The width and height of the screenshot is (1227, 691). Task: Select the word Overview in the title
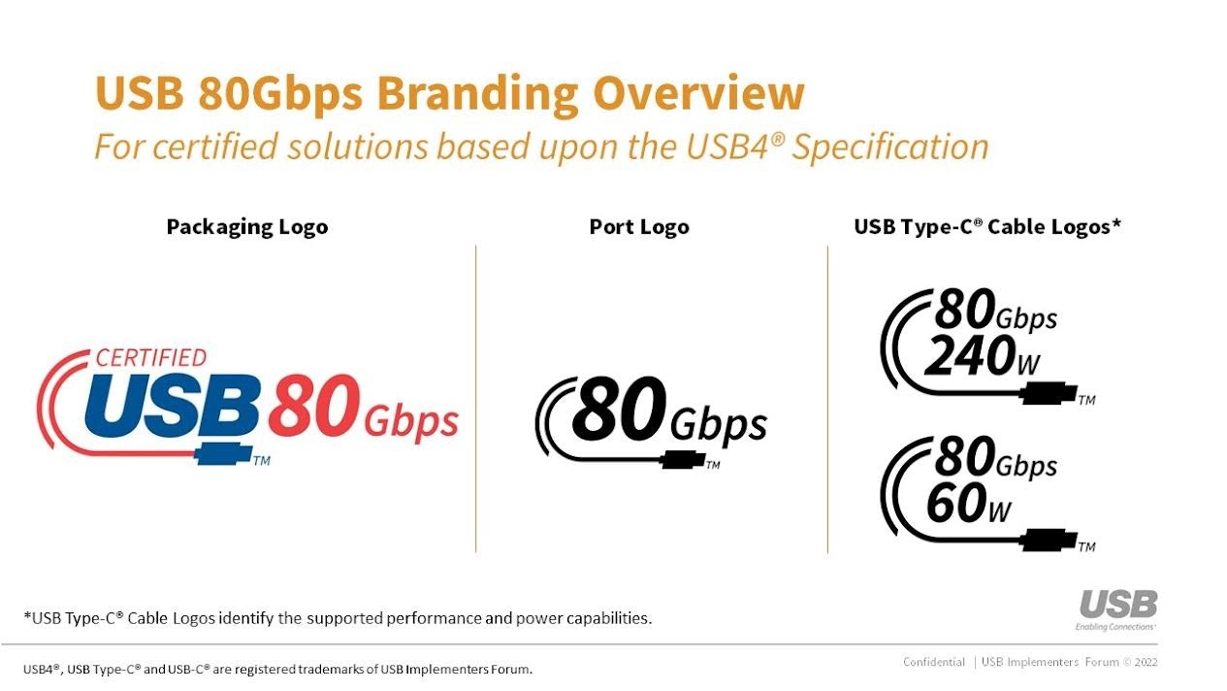[698, 94]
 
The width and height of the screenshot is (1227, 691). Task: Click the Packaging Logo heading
[247, 227]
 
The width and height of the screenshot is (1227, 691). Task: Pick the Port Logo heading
[639, 227]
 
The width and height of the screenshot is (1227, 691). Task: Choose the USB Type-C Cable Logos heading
[986, 227]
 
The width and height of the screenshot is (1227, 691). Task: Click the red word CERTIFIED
[150, 358]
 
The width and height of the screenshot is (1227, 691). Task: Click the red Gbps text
[411, 421]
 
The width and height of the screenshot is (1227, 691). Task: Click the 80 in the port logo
[618, 409]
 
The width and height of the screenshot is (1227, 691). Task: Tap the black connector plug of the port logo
[683, 460]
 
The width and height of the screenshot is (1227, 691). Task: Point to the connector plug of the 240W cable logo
[1049, 394]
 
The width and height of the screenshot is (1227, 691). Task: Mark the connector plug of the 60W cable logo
[1049, 540]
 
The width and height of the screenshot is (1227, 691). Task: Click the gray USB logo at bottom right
[1118, 606]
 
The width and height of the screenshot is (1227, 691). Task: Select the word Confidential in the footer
[933, 662]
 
